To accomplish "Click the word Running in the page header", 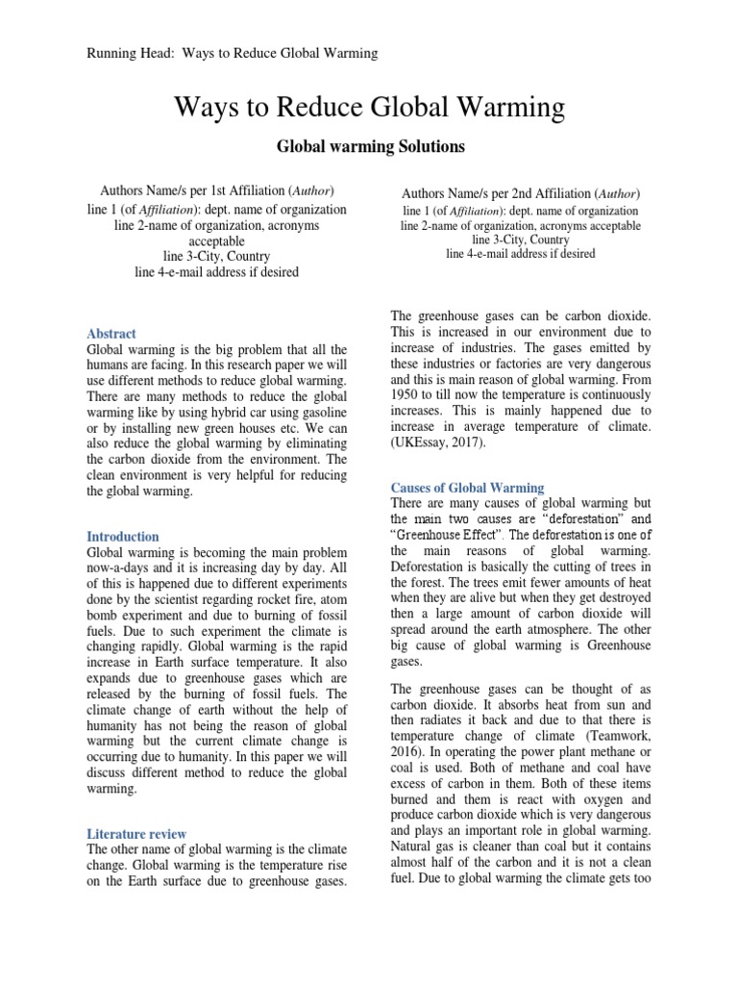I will point(110,53).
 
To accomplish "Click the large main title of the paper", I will point(369,108).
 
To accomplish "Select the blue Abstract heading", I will point(111,334).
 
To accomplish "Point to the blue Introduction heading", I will point(123,536).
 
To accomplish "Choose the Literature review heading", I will point(136,833).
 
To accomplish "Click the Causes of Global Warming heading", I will point(467,488).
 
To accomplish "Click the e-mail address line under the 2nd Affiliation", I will point(520,254).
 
